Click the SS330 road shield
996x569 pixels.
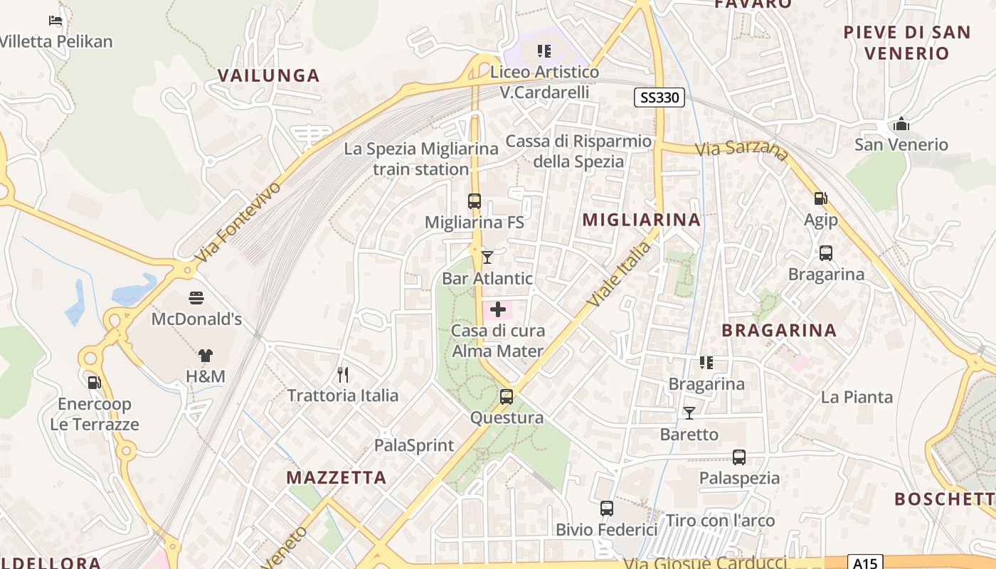pyautogui.click(x=659, y=97)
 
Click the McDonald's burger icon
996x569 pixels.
pyautogui.click(x=196, y=297)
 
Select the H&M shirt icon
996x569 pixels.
pyautogui.click(x=205, y=355)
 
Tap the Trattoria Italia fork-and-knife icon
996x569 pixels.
pyautogui.click(x=343, y=374)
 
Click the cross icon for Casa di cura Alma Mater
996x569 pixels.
pyautogui.click(x=498, y=309)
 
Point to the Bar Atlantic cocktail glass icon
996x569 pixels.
pyautogui.click(x=487, y=257)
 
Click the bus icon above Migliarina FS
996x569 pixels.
pyautogui.click(x=475, y=201)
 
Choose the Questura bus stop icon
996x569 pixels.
pyautogui.click(x=507, y=397)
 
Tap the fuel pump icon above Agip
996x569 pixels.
pyautogui.click(x=820, y=198)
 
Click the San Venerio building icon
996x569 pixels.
pyautogui.click(x=901, y=124)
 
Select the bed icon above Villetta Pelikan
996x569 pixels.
pyautogui.click(x=55, y=21)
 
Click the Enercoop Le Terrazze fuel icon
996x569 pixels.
pyautogui.click(x=94, y=383)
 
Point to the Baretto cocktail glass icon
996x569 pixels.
pyautogui.click(x=689, y=413)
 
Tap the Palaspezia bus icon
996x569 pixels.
pyautogui.click(x=739, y=457)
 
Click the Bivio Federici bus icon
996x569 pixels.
pyautogui.click(x=606, y=509)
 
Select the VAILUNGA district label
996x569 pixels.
pyautogui.click(x=268, y=76)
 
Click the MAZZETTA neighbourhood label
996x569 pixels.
pyautogui.click(x=337, y=477)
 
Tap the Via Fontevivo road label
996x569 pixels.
pyautogui.click(x=238, y=222)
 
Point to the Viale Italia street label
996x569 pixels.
pyautogui.click(x=619, y=275)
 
